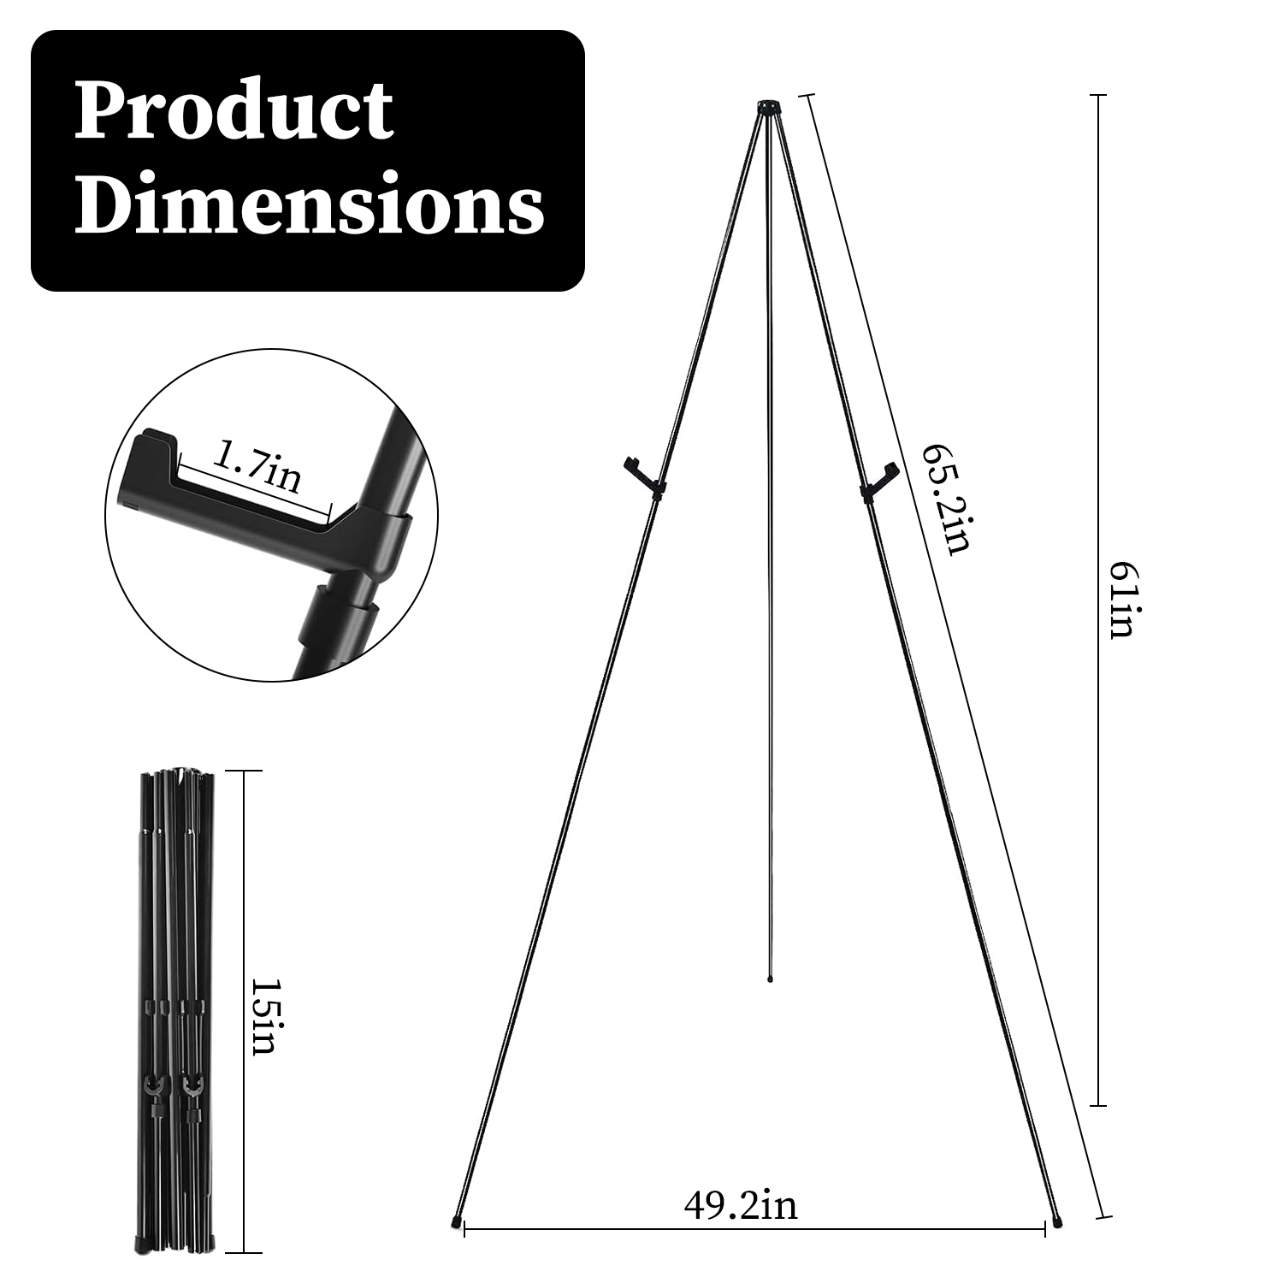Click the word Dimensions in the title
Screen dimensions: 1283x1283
pos(309,204)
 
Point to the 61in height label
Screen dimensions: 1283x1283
pos(1120,600)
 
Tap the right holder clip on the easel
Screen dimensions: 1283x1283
pos(878,481)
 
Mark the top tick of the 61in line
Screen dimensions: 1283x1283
pos(1101,95)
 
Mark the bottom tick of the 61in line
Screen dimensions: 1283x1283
pos(1101,1105)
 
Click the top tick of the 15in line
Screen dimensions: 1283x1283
pos(245,772)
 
